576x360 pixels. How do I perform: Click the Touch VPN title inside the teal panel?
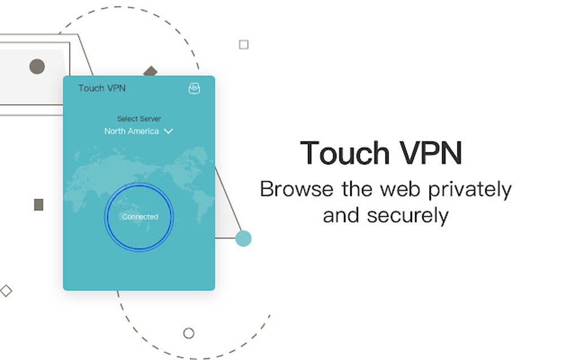point(102,88)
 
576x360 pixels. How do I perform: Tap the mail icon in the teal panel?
point(194,88)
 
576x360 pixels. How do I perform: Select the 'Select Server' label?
point(139,118)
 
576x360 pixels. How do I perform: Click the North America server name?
point(132,131)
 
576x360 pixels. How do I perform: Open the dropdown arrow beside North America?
point(168,131)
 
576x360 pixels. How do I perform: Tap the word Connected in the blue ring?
point(140,217)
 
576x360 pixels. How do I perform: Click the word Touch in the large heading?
point(345,153)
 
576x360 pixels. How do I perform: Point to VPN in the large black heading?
point(431,153)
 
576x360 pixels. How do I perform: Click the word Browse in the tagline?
point(297,190)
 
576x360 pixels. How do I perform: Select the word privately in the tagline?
point(470,190)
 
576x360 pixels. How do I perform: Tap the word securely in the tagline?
point(408,216)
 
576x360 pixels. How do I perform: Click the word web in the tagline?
point(400,190)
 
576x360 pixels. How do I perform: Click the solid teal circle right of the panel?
point(243,239)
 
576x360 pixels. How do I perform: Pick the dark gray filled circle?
point(37,67)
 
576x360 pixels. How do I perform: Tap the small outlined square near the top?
point(243,45)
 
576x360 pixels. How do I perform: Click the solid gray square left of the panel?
point(38,205)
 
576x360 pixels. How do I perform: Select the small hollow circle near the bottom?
point(189,333)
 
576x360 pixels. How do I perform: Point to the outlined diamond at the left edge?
point(6,291)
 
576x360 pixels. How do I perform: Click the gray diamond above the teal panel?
point(150,71)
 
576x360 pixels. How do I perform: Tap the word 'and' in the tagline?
point(341,216)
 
